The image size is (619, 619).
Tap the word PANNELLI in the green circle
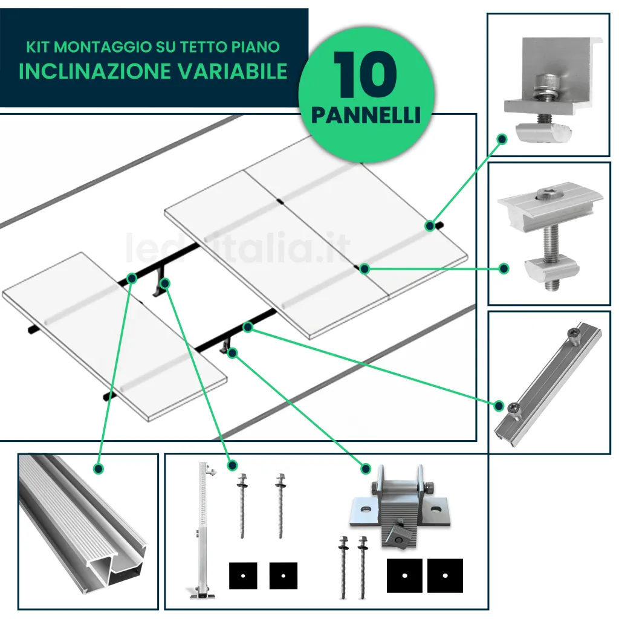[366, 114]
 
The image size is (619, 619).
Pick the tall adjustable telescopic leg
[202, 532]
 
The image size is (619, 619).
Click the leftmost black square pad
[243, 575]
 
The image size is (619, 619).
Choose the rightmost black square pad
[445, 575]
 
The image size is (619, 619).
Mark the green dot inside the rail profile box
[98, 468]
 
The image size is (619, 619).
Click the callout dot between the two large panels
[364, 268]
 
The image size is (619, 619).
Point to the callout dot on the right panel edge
[430, 226]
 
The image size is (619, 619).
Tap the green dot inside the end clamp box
[501, 139]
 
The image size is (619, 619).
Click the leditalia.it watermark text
[238, 248]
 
